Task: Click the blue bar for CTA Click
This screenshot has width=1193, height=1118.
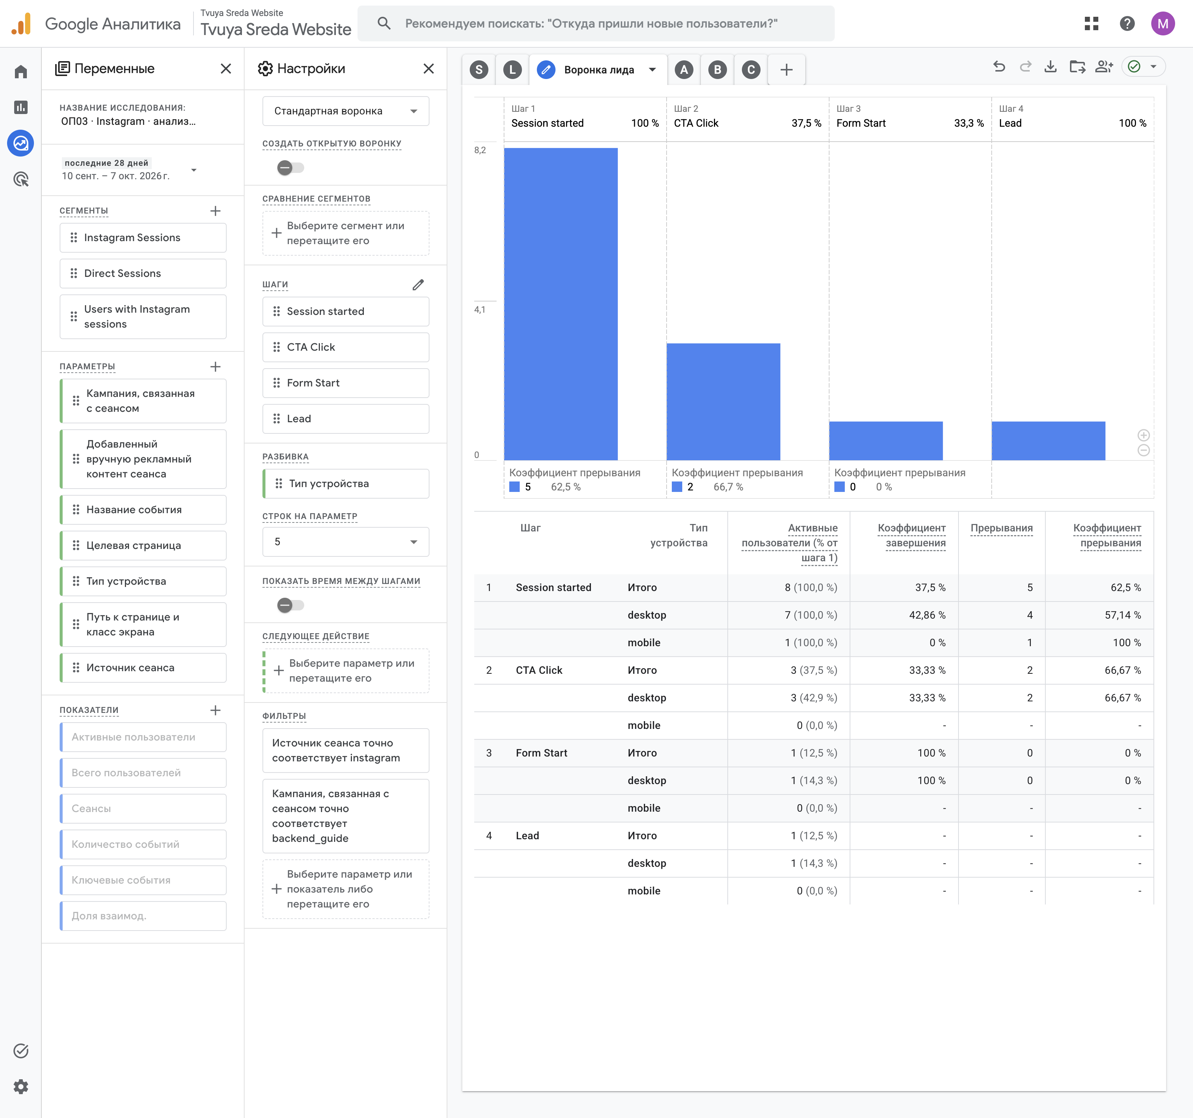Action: [x=723, y=402]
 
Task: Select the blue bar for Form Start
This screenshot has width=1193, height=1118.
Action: [x=886, y=441]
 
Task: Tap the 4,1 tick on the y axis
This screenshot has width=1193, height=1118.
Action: [x=479, y=309]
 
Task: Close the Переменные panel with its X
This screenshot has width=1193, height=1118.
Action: [x=226, y=69]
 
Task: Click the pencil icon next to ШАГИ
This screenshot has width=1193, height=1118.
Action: [x=418, y=284]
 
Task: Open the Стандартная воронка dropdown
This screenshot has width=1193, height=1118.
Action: [x=346, y=111]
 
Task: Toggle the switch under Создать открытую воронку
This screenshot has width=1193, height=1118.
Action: [x=290, y=168]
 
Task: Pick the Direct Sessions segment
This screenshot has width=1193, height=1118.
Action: [x=143, y=274]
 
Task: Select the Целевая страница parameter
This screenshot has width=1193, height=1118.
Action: [x=143, y=545]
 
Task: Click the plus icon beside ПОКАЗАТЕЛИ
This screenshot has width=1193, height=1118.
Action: [x=215, y=710]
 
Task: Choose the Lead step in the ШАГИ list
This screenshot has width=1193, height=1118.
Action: [x=346, y=419]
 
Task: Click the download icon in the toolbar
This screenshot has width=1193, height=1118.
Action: [x=1050, y=67]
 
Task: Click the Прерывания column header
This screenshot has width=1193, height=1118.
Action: [x=1002, y=528]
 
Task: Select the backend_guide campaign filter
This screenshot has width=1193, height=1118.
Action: [x=346, y=816]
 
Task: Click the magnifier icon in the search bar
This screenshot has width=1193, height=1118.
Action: [x=384, y=23]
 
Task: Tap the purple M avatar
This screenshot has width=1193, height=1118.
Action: [x=1162, y=23]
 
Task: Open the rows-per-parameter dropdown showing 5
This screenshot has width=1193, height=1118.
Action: [x=346, y=541]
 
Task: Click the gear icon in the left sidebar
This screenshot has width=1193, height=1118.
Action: [x=21, y=1086]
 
